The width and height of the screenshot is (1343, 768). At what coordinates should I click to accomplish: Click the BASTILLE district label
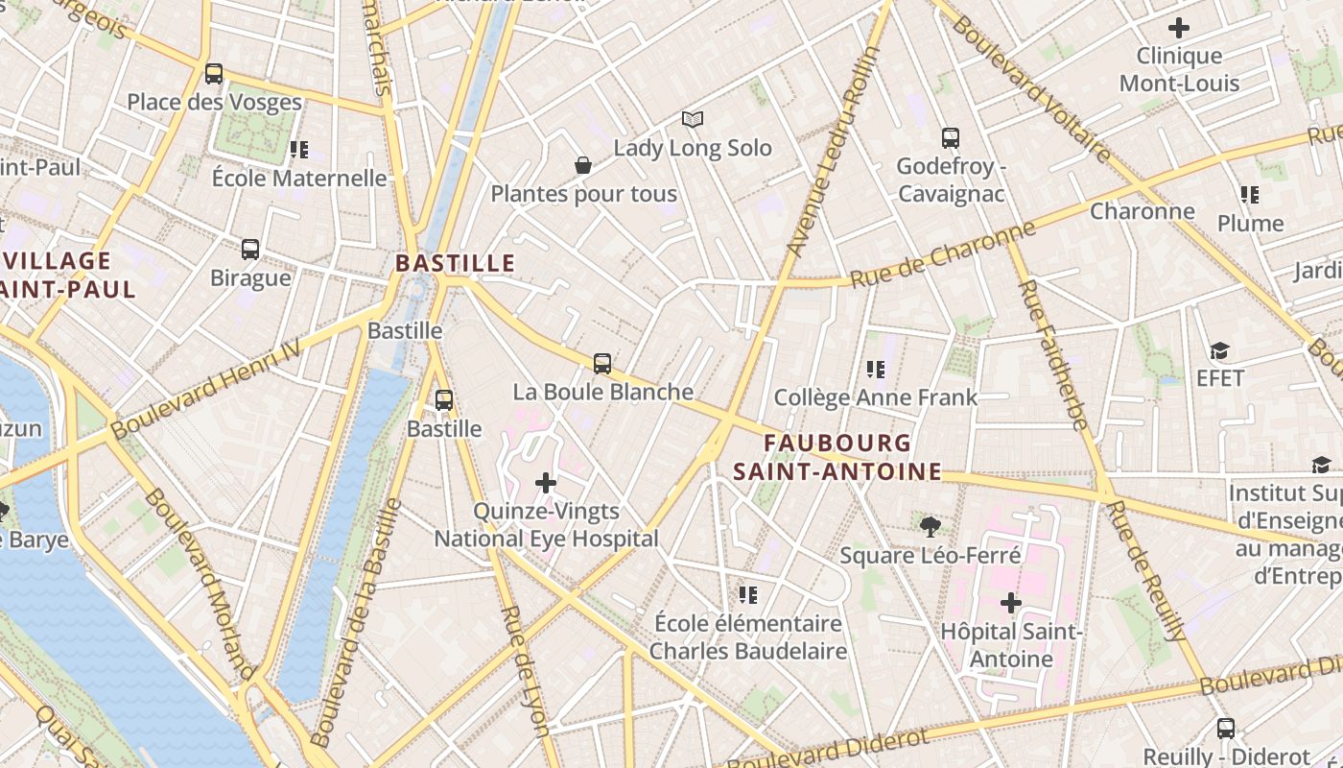[x=455, y=263]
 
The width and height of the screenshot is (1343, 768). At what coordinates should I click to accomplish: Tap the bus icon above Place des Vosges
[x=214, y=73]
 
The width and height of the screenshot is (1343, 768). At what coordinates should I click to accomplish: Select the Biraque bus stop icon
[x=250, y=249]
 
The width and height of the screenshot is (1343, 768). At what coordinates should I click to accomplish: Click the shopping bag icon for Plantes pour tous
[x=582, y=165]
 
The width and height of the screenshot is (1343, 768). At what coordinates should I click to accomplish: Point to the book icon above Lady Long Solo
[x=693, y=119]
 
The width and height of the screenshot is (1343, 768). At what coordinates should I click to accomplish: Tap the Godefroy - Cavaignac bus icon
[x=950, y=137]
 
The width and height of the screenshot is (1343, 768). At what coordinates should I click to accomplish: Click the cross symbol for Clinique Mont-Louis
[x=1178, y=28]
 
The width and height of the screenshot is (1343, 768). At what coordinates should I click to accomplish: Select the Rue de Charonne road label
[x=943, y=254]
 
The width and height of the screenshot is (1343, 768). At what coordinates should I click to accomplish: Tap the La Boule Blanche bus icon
[x=602, y=363]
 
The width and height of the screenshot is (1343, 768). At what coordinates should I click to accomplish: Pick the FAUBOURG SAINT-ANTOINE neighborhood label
[x=836, y=457]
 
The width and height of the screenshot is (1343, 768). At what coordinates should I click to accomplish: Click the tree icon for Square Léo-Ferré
[x=929, y=525]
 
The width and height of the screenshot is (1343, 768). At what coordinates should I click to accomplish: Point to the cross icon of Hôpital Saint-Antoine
[x=1010, y=603]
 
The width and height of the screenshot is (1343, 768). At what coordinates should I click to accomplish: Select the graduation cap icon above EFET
[x=1219, y=350]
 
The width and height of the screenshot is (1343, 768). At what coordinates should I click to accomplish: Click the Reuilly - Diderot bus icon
[x=1225, y=728]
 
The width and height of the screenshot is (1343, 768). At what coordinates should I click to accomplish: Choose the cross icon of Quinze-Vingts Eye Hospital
[x=546, y=482]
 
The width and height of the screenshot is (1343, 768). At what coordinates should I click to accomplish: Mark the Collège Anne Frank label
[x=875, y=396]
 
